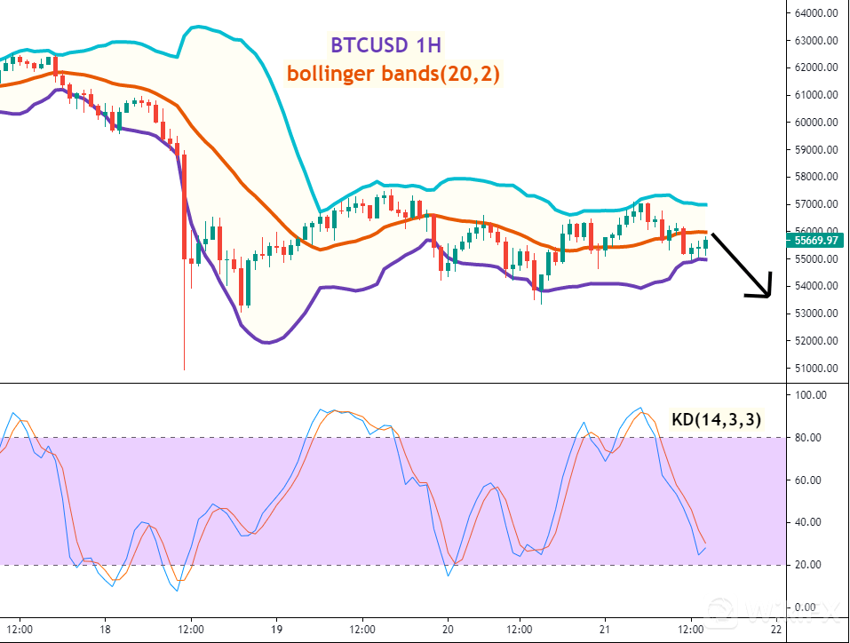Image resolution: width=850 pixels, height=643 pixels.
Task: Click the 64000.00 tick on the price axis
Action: (x=818, y=12)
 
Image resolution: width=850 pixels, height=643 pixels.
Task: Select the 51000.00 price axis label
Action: (x=818, y=368)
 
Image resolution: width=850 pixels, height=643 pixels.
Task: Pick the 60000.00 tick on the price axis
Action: (x=818, y=122)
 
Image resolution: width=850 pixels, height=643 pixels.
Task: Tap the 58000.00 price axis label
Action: (x=818, y=177)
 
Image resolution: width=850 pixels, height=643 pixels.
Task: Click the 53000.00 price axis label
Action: (x=818, y=313)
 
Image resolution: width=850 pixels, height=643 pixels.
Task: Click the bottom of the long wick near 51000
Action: (x=184, y=369)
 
